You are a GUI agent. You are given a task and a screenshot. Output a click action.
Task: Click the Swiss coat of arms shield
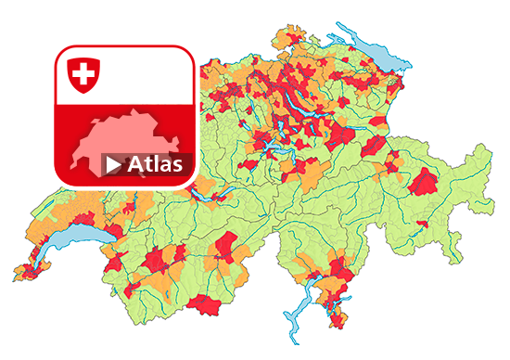pos(84,74)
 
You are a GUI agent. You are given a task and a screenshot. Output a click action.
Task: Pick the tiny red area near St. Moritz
pos(422,224)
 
